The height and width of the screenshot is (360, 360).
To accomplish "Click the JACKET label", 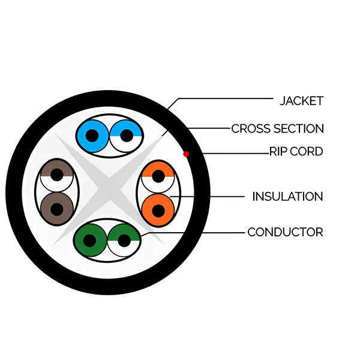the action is (302, 101).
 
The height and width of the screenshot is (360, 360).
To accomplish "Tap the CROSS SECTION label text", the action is (278, 128).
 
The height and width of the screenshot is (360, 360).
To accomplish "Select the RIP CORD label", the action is (296, 152).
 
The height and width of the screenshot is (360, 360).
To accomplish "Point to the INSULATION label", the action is (287, 197).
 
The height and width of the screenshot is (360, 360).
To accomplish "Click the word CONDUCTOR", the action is (286, 232).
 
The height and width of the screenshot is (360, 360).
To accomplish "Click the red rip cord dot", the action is (186, 154).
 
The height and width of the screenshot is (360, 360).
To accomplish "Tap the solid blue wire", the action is (92, 136).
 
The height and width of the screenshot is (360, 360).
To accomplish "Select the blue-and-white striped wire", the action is (126, 136).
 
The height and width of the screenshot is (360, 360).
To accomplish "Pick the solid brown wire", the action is (57, 209).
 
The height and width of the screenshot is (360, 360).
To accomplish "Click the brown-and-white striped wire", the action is (57, 175).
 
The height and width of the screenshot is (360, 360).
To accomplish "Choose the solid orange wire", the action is (158, 210).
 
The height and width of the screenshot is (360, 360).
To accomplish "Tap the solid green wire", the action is (90, 241).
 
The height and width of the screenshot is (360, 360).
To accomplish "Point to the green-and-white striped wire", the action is (124, 241).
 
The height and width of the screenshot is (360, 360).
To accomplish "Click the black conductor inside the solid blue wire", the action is (92, 136).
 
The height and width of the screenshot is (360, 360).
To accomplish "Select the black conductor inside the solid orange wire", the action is (158, 211).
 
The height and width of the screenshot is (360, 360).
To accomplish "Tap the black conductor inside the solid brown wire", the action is (57, 209).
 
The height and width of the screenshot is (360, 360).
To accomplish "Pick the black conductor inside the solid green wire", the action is (89, 241).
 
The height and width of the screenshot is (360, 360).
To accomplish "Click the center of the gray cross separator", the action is (109, 189).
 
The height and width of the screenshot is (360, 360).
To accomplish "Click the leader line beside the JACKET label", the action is (220, 99).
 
